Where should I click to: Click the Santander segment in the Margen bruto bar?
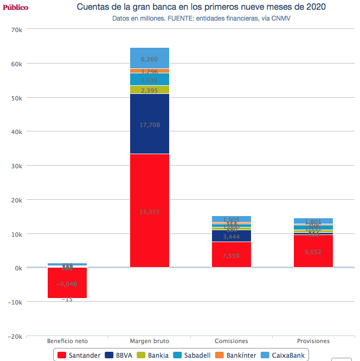[150, 211]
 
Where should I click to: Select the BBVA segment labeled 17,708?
[150, 124]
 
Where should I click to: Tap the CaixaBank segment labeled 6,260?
[150, 59]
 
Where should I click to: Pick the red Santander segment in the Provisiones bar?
[313, 251]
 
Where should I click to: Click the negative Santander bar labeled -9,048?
[67, 283]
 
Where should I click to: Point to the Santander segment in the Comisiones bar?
[232, 255]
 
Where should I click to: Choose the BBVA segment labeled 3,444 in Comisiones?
[232, 236]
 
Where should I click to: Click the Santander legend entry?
[79, 355]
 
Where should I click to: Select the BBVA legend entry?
[119, 355]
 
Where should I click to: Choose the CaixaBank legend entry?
[282, 355]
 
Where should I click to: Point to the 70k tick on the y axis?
[16, 29]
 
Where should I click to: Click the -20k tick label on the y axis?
[15, 337]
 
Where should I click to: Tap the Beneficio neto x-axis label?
[67, 341]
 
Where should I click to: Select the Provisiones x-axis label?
[313, 341]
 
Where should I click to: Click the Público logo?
[15, 7]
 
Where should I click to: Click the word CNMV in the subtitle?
[289, 18]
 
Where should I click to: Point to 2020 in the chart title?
[316, 7]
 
